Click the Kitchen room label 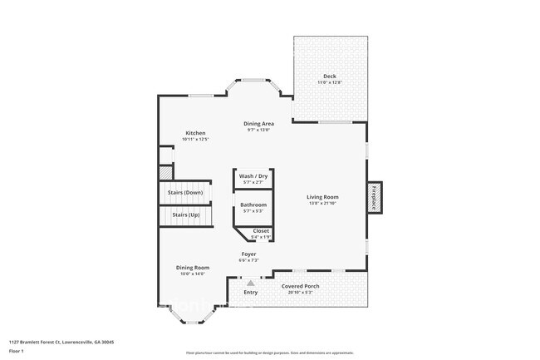pyautogui.click(x=195, y=133)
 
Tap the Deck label pyautogui.click(x=330, y=76)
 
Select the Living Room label pyautogui.click(x=324, y=197)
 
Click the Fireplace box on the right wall pyautogui.click(x=375, y=197)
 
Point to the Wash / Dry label pyautogui.click(x=253, y=176)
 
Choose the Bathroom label pyautogui.click(x=253, y=205)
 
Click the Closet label pyautogui.click(x=261, y=231)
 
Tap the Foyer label pyautogui.click(x=249, y=254)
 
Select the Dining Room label pyautogui.click(x=193, y=267)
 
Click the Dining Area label pyautogui.click(x=259, y=123)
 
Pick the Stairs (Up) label pyautogui.click(x=186, y=215)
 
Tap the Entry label pyautogui.click(x=250, y=293)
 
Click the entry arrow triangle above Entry pyautogui.click(x=250, y=283)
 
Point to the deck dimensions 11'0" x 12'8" pyautogui.click(x=330, y=82)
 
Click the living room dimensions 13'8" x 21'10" pyautogui.click(x=324, y=203)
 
